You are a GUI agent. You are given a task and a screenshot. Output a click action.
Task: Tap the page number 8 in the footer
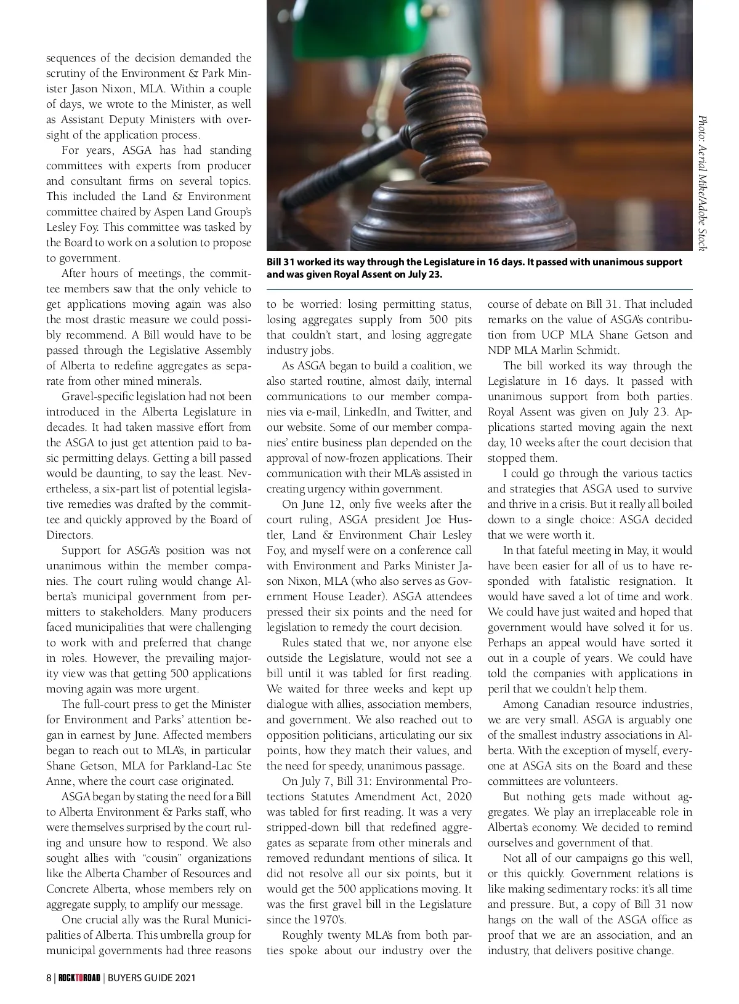(x=49, y=978)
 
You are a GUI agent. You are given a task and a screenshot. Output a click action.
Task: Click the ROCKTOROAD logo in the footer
(x=79, y=978)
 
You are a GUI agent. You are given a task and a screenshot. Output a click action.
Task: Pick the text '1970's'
(x=329, y=920)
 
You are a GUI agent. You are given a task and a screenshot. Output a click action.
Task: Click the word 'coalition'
(x=429, y=366)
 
